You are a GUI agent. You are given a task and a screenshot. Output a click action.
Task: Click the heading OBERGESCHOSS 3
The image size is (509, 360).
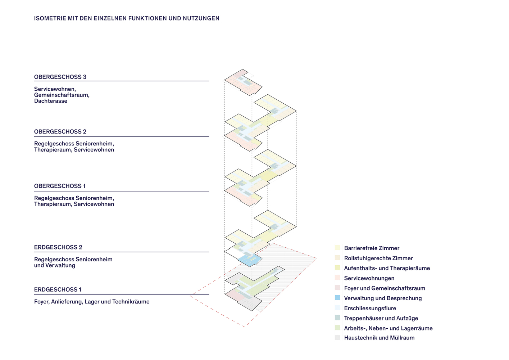tap(60, 77)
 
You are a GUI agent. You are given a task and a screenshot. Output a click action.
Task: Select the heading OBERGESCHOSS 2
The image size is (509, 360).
tap(60, 132)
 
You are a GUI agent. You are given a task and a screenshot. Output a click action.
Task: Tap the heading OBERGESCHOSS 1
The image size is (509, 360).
tap(60, 186)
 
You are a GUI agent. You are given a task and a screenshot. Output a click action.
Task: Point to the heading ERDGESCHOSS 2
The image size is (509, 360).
tap(58, 247)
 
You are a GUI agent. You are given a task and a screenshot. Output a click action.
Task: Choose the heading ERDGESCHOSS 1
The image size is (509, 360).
tap(58, 289)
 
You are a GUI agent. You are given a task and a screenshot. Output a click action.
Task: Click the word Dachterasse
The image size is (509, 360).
tap(51, 101)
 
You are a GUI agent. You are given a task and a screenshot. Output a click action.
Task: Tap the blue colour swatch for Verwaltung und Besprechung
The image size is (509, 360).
tap(337, 298)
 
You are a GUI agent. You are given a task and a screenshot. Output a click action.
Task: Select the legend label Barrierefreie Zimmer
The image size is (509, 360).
tap(372, 248)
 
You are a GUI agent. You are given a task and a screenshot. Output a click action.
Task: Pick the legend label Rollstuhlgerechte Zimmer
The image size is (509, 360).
tap(378, 258)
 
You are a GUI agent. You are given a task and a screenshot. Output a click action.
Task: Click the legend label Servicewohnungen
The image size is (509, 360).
tap(369, 278)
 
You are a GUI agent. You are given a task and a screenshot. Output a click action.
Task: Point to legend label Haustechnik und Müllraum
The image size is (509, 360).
tap(379, 338)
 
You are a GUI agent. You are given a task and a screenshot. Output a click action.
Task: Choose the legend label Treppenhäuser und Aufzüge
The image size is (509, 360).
tap(381, 318)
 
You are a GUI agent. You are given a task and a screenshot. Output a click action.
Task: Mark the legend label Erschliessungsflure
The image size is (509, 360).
tap(370, 308)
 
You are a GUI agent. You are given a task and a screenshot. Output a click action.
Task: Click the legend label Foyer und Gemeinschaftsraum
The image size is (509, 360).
tap(385, 288)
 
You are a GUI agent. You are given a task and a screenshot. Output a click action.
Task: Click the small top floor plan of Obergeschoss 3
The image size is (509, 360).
tap(243, 82)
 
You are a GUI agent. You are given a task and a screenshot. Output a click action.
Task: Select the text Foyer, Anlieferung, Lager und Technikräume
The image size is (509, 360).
tap(92, 302)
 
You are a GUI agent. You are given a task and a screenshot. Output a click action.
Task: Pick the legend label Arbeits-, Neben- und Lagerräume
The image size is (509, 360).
tap(388, 328)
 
